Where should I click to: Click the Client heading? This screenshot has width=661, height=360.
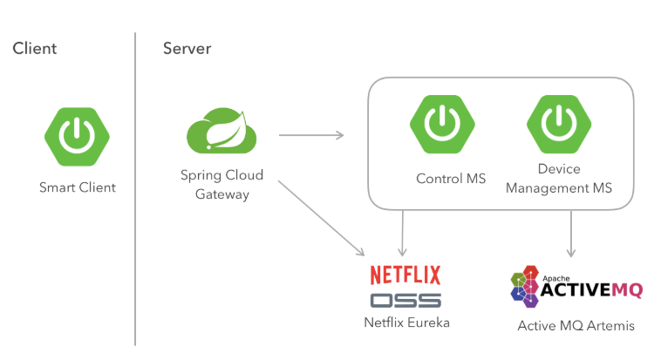point(35,47)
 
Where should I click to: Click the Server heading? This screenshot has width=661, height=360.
point(187,47)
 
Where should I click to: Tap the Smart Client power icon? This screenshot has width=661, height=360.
point(77,134)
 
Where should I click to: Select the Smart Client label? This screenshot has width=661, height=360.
point(77,187)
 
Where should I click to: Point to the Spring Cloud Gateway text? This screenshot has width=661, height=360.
point(221,185)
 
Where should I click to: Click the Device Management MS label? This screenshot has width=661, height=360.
point(559,178)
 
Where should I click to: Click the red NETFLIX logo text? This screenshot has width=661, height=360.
point(405,275)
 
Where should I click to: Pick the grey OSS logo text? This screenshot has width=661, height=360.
point(405,301)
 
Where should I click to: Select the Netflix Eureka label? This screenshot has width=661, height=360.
point(405,323)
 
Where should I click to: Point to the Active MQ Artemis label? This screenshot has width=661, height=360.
point(576,326)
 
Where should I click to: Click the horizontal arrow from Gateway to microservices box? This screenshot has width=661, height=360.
point(310,135)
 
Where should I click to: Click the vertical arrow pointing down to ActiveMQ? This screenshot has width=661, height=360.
point(570,234)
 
